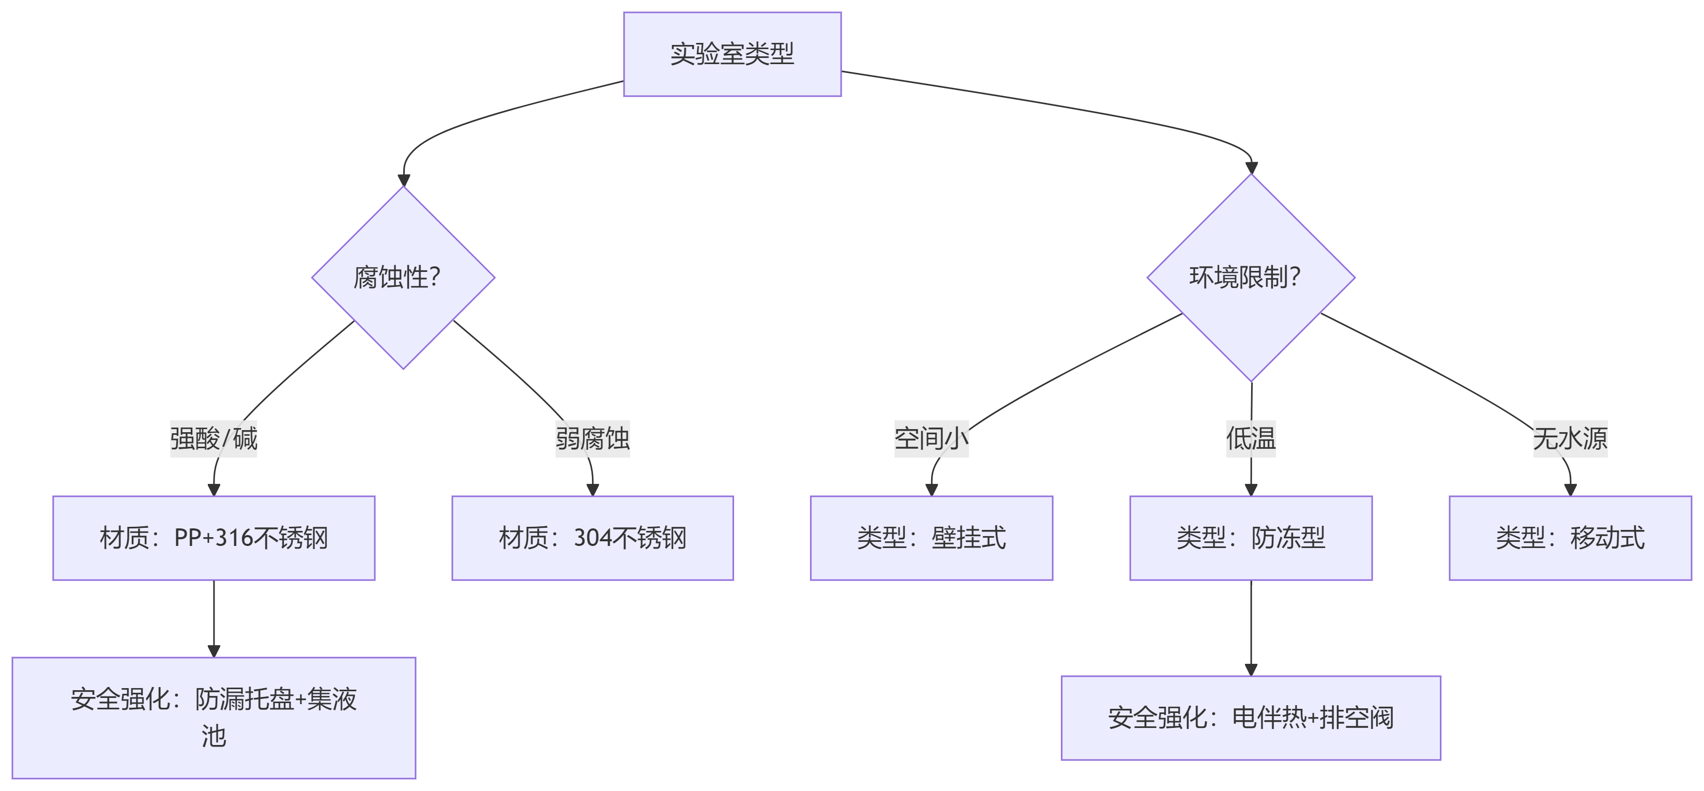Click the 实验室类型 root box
point(732,54)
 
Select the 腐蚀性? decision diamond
point(403,278)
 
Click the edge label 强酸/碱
point(214,438)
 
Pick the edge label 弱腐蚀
point(592,438)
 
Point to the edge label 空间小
point(932,438)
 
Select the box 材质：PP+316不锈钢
point(214,538)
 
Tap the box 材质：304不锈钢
point(592,538)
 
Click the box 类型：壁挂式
point(932,538)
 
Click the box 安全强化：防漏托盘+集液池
point(214,718)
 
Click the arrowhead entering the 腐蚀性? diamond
point(403,180)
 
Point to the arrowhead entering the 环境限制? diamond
point(1251,168)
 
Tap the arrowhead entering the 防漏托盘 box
point(214,651)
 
